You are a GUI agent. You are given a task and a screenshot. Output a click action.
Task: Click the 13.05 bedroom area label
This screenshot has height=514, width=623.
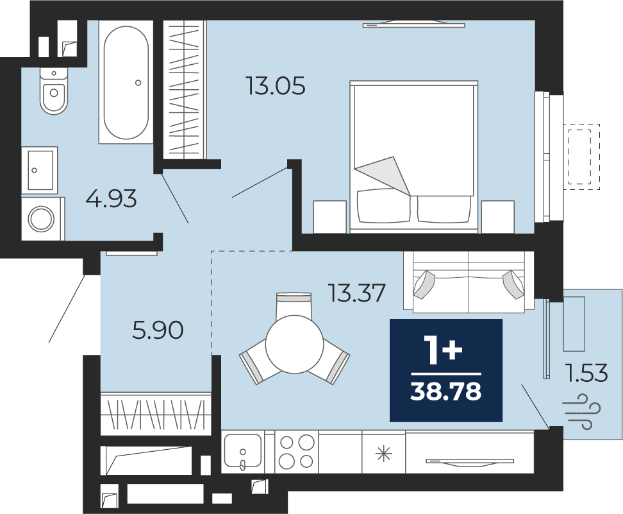[x=276, y=86]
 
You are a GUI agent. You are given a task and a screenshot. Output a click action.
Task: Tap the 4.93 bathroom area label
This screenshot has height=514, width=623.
[x=112, y=198]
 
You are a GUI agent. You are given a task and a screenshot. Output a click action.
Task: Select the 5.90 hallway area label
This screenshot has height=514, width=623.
[x=158, y=330]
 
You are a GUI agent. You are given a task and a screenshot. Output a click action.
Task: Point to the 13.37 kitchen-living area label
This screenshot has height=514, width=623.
[x=356, y=293]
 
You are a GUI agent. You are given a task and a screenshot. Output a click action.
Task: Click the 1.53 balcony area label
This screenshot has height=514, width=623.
[x=587, y=373]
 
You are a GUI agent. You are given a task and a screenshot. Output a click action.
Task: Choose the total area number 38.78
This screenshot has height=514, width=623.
[x=446, y=391]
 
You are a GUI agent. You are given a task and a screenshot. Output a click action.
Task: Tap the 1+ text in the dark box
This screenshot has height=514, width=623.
[x=443, y=350]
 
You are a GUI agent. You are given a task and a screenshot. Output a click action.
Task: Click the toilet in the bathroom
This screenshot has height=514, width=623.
[x=54, y=91]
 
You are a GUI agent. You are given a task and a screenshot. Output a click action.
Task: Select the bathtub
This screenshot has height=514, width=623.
[x=126, y=82]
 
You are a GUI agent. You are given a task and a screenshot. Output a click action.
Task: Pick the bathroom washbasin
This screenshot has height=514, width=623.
[x=40, y=170]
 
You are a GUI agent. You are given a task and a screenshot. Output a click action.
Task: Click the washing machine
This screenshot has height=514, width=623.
[x=42, y=219]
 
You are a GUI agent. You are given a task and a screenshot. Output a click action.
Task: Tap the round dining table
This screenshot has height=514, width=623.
[x=295, y=344]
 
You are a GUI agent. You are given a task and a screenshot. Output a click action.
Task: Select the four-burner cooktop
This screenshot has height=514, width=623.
[x=296, y=452]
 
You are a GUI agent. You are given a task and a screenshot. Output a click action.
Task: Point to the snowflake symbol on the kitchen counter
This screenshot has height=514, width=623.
[x=383, y=454]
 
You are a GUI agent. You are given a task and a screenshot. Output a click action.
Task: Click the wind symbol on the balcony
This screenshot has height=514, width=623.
[x=581, y=411]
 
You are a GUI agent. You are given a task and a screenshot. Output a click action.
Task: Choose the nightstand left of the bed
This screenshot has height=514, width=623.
[x=330, y=217]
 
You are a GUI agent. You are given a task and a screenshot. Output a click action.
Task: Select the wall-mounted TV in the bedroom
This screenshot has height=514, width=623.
[x=414, y=24]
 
